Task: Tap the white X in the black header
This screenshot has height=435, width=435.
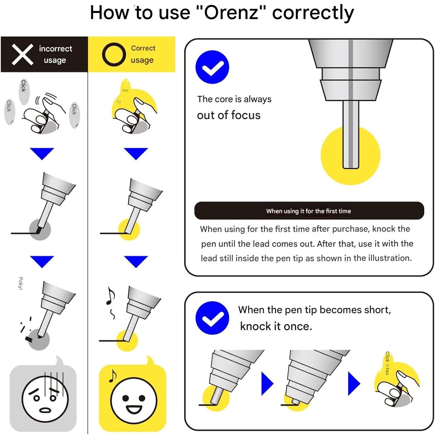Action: click(22, 54)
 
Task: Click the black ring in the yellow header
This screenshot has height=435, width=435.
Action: click(114, 54)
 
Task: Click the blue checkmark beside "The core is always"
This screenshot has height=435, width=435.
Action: click(212, 67)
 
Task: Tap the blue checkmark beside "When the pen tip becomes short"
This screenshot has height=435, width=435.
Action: click(212, 317)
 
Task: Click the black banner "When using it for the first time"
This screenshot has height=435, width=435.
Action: click(309, 211)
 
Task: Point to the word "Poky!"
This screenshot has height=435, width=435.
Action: click(21, 283)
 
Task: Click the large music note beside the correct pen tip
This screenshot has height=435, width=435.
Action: click(111, 296)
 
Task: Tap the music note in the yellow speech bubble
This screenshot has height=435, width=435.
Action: click(112, 376)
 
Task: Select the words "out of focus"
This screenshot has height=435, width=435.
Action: click(229, 115)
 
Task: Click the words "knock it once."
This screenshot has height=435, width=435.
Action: click(276, 326)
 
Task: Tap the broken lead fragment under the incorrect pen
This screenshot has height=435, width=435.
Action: click(29, 339)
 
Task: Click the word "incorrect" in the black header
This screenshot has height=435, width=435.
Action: click(55, 49)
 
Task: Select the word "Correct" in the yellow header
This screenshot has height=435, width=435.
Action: click(143, 48)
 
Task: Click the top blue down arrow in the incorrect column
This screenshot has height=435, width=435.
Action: click(42, 154)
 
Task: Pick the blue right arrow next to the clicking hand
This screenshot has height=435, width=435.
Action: click(354, 384)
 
